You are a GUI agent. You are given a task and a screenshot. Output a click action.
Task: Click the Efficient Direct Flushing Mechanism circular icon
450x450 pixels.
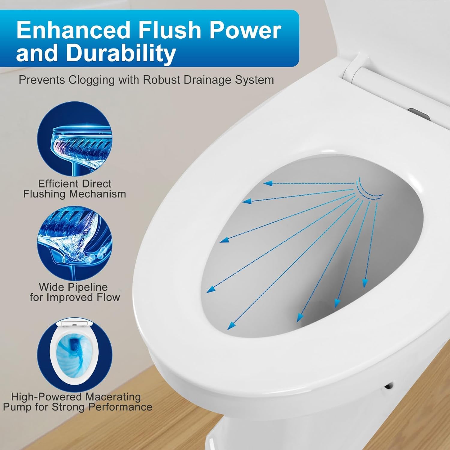(74, 139)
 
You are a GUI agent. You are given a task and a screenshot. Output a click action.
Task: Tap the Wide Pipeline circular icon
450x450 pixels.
(74, 243)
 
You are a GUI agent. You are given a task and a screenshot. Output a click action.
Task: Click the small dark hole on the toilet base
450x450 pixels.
(389, 385)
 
